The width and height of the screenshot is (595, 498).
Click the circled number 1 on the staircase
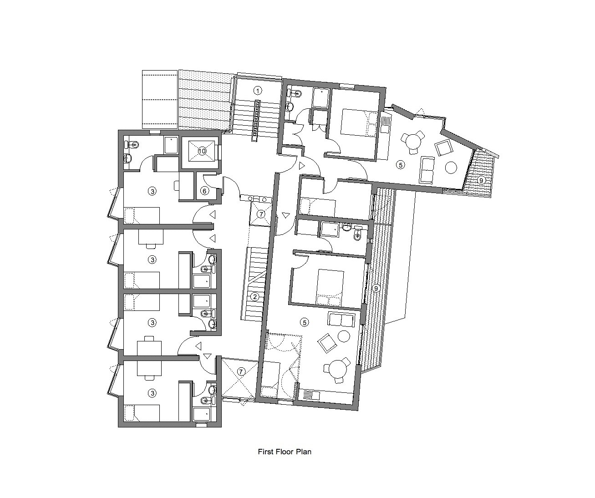258,90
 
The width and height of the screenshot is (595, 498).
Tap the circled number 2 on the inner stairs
255,297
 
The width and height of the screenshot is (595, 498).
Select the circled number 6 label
204,191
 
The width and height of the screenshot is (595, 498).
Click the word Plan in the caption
303,452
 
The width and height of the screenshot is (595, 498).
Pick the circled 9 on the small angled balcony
481,180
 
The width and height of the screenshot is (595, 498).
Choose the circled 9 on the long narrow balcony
376,288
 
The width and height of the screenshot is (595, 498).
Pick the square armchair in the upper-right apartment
442,148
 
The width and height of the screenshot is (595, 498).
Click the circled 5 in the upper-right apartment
400,165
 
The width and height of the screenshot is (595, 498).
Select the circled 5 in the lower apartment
305,322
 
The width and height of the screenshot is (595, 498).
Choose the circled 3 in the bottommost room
153,392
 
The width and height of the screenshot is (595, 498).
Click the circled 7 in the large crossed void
241,371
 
